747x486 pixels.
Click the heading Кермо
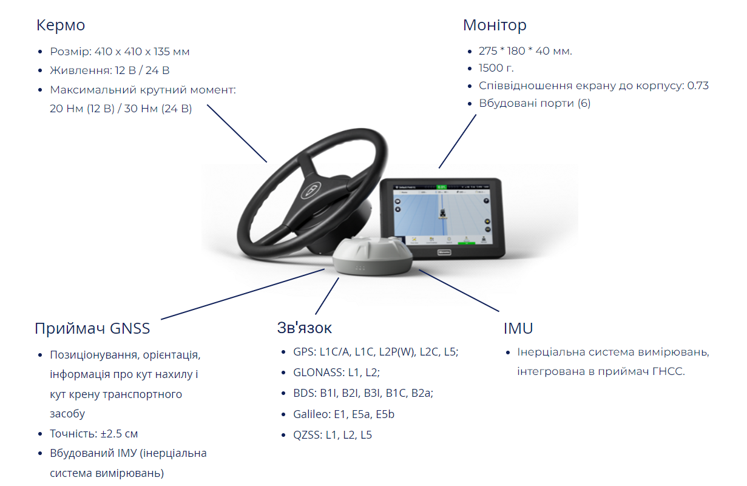pos(61,25)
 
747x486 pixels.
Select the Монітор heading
pos(494,25)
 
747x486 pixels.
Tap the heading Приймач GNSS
pos(92,329)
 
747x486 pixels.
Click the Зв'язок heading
pos(305,328)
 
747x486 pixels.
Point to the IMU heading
pos(518,329)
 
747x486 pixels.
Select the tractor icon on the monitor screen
pos(442,214)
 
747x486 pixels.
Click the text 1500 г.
pos(496,68)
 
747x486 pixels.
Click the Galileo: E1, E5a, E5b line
pos(343,414)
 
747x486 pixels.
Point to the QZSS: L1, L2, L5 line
pos(332,435)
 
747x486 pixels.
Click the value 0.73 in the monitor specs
pos(697,86)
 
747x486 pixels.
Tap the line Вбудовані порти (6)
pos(534,103)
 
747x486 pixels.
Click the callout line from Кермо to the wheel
pos(237,133)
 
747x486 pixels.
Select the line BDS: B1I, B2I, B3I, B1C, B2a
pos(363,393)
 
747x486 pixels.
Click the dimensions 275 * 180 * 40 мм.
pos(525,51)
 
